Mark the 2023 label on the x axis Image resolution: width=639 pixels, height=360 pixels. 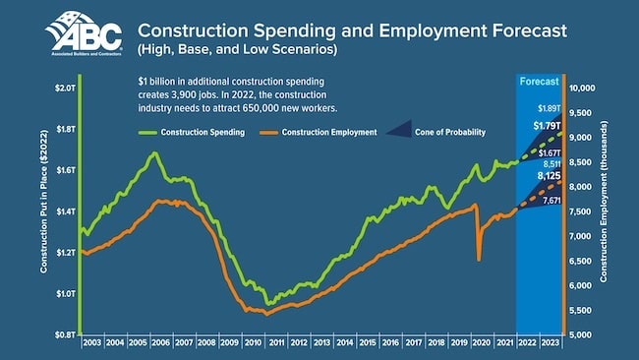tap(551, 343)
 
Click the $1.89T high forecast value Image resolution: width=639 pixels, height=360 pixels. tap(548, 107)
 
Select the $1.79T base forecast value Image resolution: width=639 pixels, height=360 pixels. tap(547, 126)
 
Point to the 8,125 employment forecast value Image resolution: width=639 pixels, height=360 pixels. tap(548, 176)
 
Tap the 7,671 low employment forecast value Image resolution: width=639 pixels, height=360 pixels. tap(550, 200)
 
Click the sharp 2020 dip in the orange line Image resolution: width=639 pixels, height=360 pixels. tap(479, 259)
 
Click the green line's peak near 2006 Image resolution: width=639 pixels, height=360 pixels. tap(154, 153)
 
